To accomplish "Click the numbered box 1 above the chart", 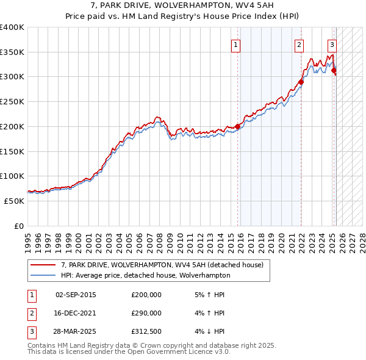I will point(235,44).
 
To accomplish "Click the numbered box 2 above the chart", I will point(300,44).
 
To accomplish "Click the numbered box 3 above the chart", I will point(332,44).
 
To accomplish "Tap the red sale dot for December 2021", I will point(301,82).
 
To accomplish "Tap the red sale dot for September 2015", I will point(238,126).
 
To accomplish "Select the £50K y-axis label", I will point(14,201).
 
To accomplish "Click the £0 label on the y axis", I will point(19,226).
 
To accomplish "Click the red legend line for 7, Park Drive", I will point(43,265).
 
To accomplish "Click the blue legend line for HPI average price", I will point(43,275).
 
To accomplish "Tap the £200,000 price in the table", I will point(146,295).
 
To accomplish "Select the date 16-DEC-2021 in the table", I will point(76,313).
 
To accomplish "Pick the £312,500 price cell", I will point(146,331).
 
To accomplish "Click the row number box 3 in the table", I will point(31,331).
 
